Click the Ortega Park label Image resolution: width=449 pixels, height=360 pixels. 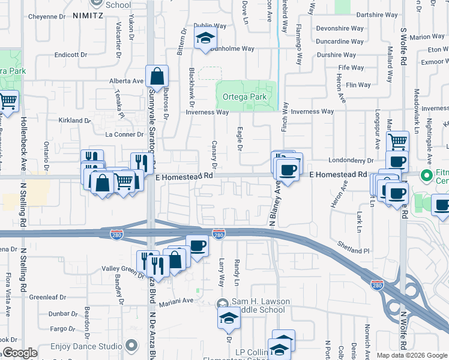point(244,97)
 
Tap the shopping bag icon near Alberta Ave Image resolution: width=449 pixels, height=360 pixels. point(157,76)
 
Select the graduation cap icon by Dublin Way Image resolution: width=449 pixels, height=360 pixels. point(205,39)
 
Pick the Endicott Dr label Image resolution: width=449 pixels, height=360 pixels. point(71,55)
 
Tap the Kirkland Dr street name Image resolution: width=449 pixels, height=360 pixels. point(74,121)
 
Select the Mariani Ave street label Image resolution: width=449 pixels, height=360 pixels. point(176,301)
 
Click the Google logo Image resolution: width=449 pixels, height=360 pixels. point(20,353)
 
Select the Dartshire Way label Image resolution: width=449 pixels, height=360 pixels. point(378,14)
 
